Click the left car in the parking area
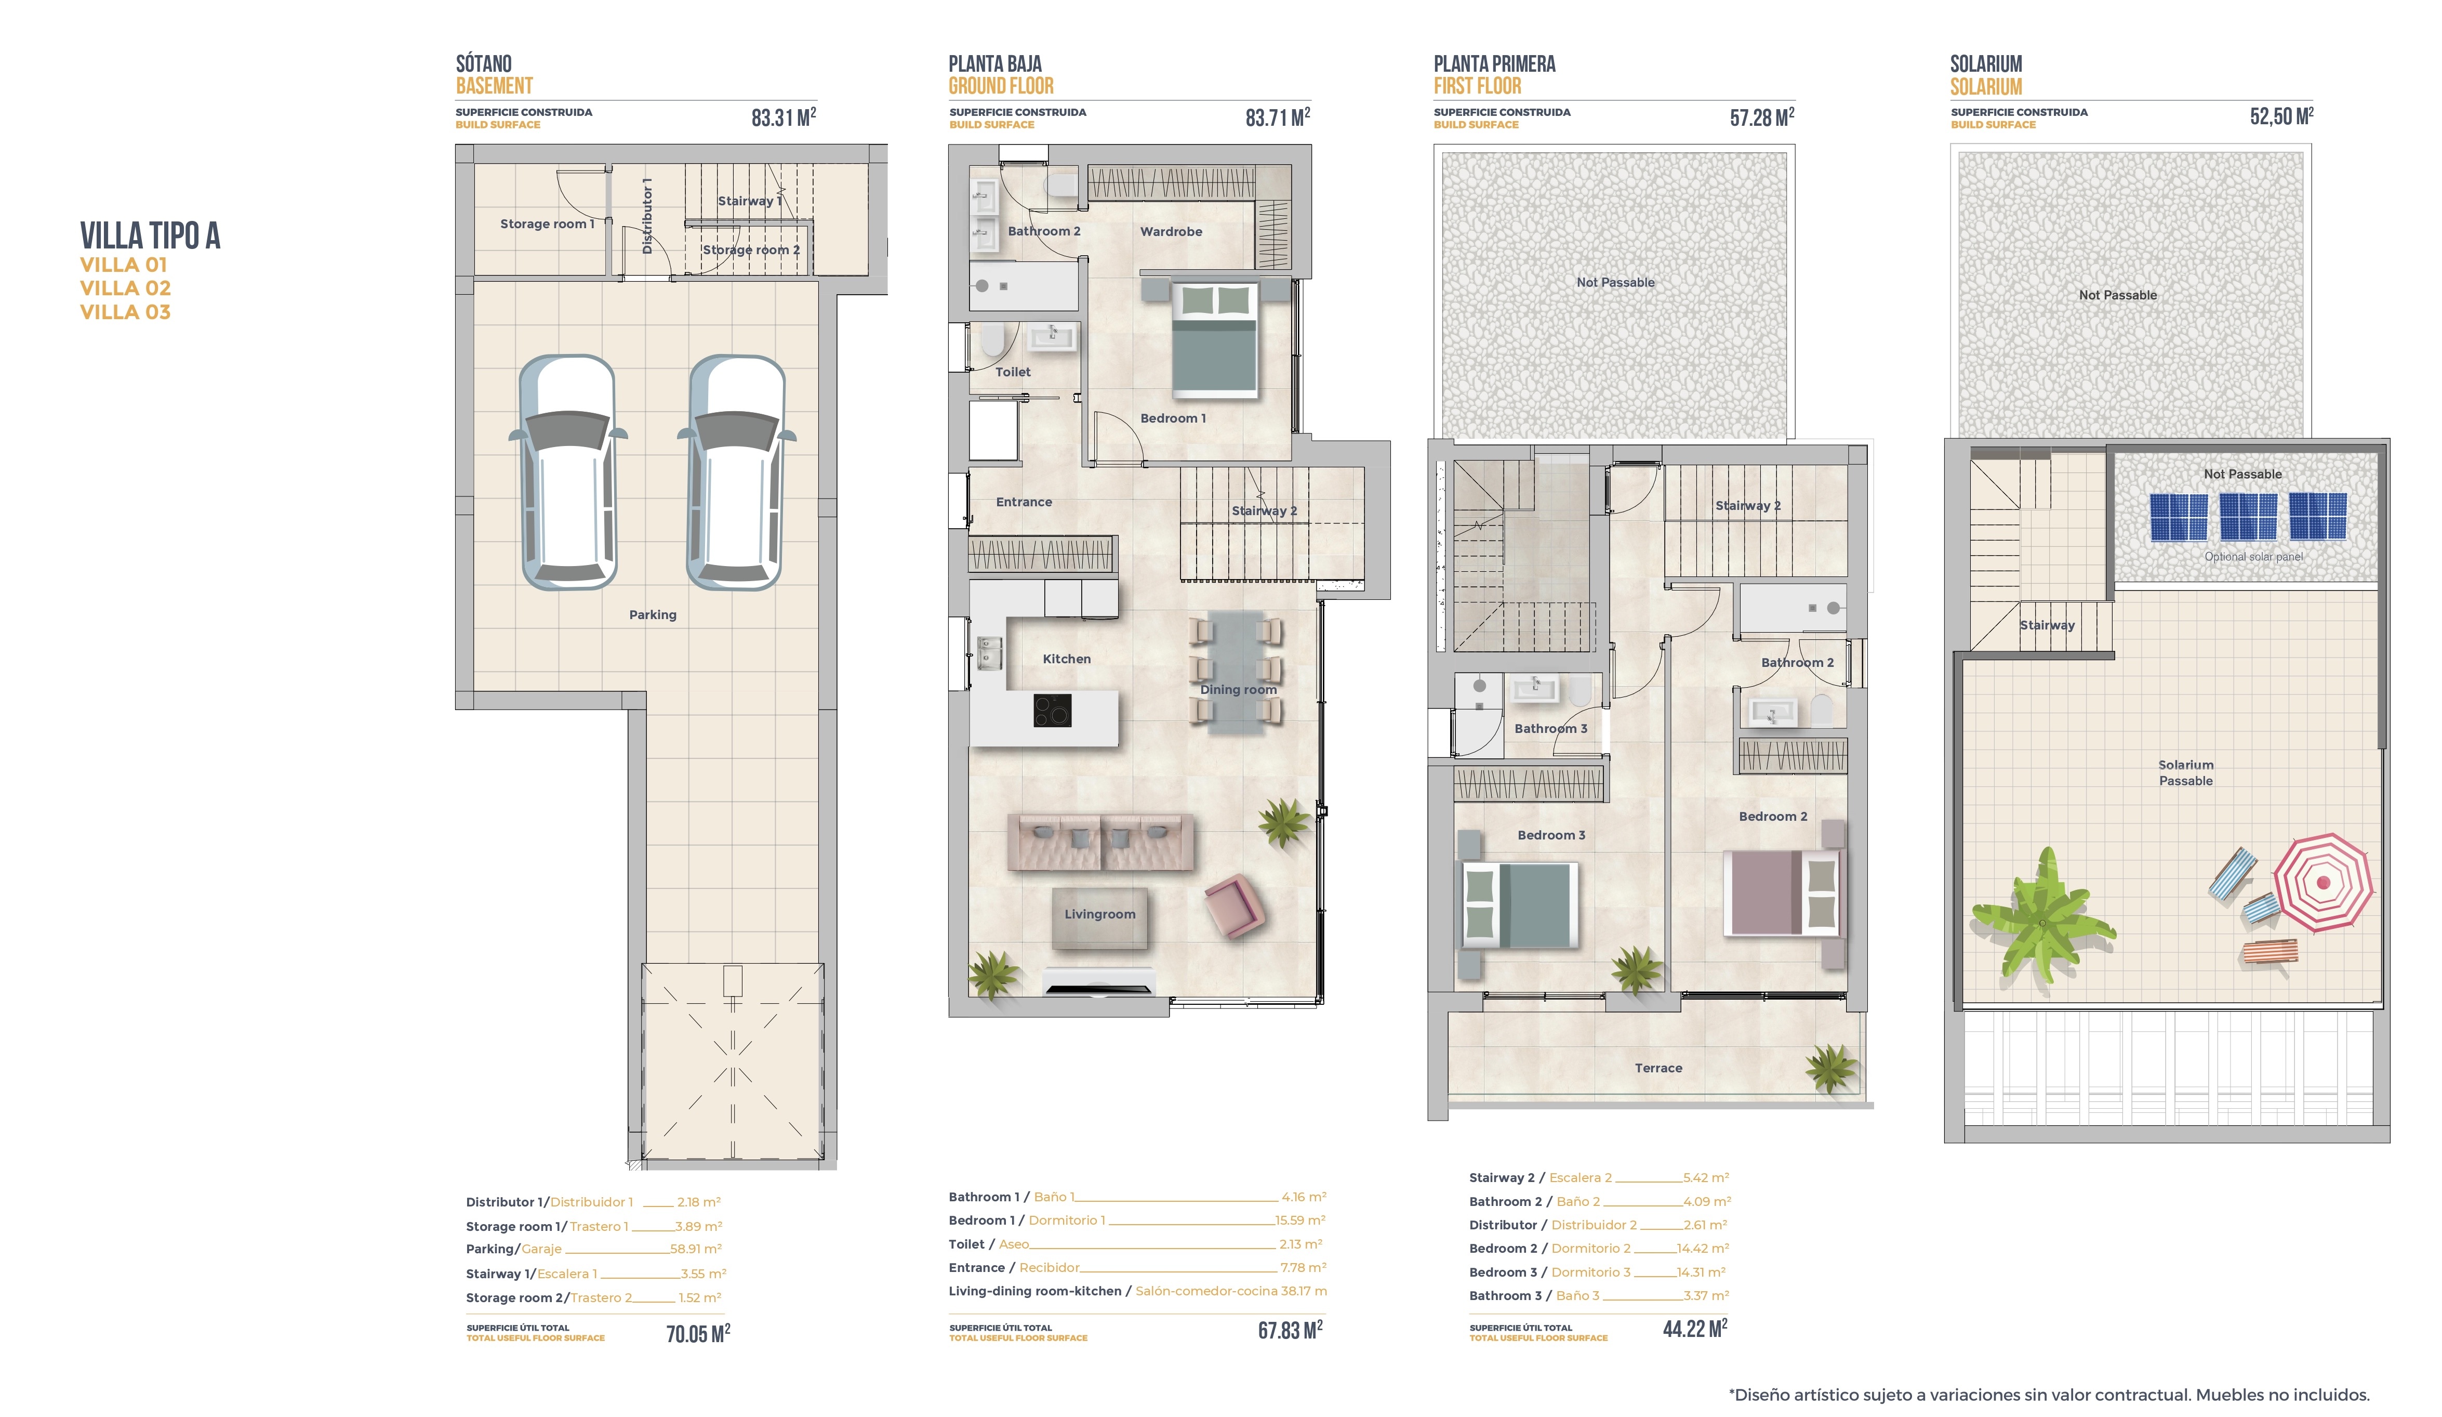point(568,472)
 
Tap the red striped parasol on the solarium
point(2323,882)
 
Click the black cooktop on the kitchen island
point(1052,711)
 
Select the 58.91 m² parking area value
point(696,1249)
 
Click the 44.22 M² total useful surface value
point(1695,1328)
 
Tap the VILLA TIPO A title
point(150,235)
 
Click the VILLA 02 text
point(125,288)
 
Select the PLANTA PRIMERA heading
point(1494,64)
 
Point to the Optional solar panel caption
point(2253,556)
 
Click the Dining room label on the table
point(1239,690)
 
